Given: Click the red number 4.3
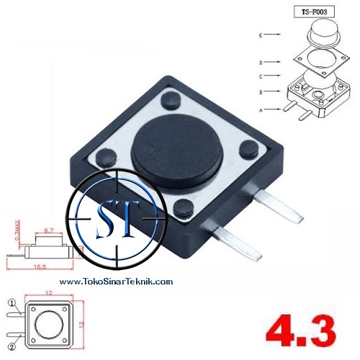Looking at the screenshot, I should (x=301, y=333).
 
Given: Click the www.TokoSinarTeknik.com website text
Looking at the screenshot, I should (x=116, y=282).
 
